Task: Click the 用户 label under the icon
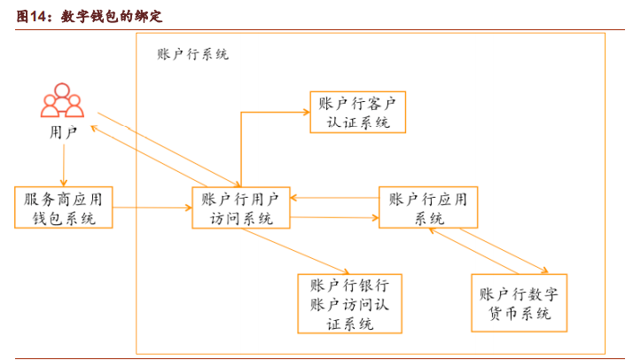coord(63,133)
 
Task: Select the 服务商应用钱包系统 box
coord(65,208)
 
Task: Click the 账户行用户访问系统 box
coord(240,208)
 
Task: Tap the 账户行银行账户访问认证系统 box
coord(350,303)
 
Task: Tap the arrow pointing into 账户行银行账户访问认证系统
coord(301,254)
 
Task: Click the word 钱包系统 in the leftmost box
coord(64,218)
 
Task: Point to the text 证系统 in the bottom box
coord(350,323)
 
